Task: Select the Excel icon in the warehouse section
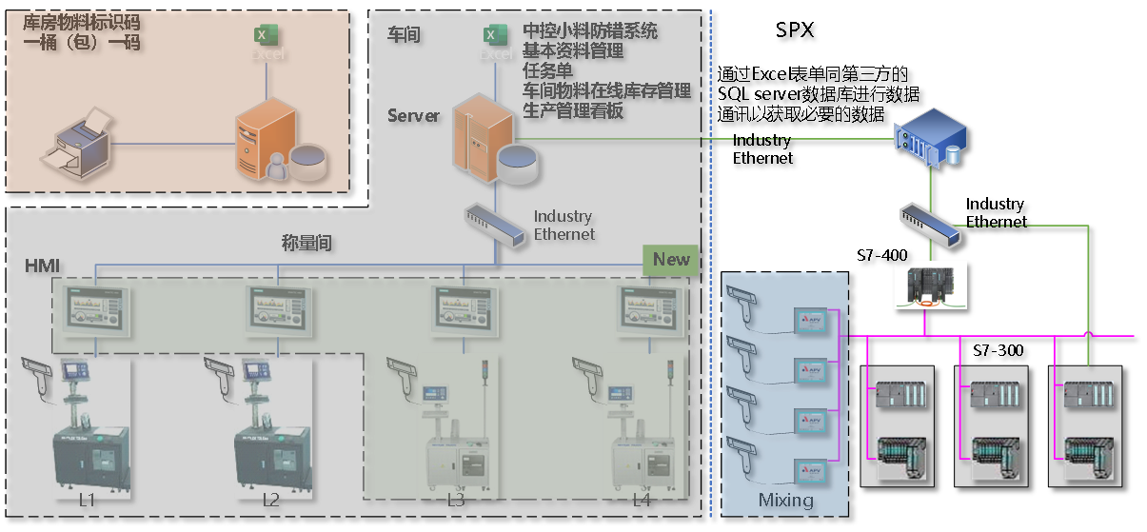(x=264, y=35)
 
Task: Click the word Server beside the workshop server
(x=413, y=116)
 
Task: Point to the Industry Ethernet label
(x=564, y=226)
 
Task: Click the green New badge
(x=671, y=260)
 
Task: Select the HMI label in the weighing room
(x=42, y=266)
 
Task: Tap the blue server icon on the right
(x=929, y=139)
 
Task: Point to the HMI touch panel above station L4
(x=652, y=308)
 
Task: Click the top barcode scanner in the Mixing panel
(x=746, y=305)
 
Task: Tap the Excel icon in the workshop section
(x=492, y=35)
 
